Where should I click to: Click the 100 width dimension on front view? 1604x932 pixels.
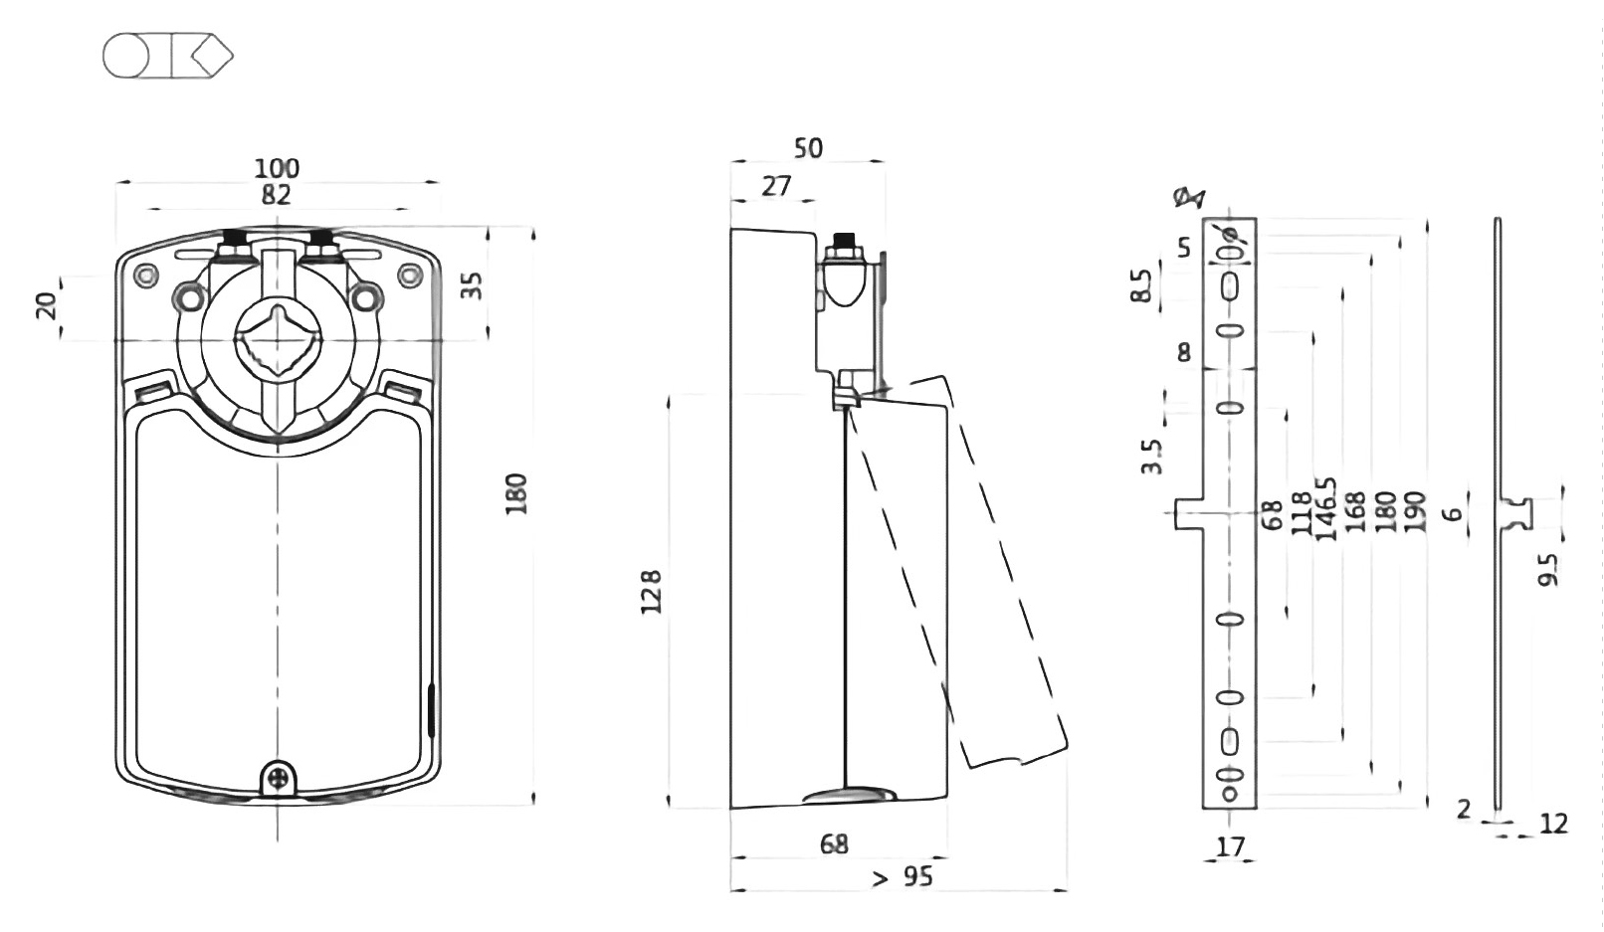click(277, 168)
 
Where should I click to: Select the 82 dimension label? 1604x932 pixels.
click(277, 195)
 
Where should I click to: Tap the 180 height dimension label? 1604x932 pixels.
click(516, 493)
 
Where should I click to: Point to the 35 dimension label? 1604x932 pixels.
click(473, 284)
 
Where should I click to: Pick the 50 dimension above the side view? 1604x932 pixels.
click(808, 148)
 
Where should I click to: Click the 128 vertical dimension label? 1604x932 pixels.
click(652, 593)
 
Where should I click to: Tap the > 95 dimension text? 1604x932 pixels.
click(902, 877)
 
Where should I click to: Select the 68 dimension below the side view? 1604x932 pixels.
click(834, 844)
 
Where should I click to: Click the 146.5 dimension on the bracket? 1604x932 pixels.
click(1325, 509)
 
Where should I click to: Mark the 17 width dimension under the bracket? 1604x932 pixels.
click(1230, 847)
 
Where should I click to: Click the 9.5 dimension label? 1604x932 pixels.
click(1548, 570)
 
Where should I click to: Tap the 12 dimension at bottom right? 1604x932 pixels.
click(1552, 824)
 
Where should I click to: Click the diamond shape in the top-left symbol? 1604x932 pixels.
click(212, 57)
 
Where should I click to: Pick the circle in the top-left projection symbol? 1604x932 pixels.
click(126, 57)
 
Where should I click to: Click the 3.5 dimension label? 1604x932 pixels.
click(1152, 458)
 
